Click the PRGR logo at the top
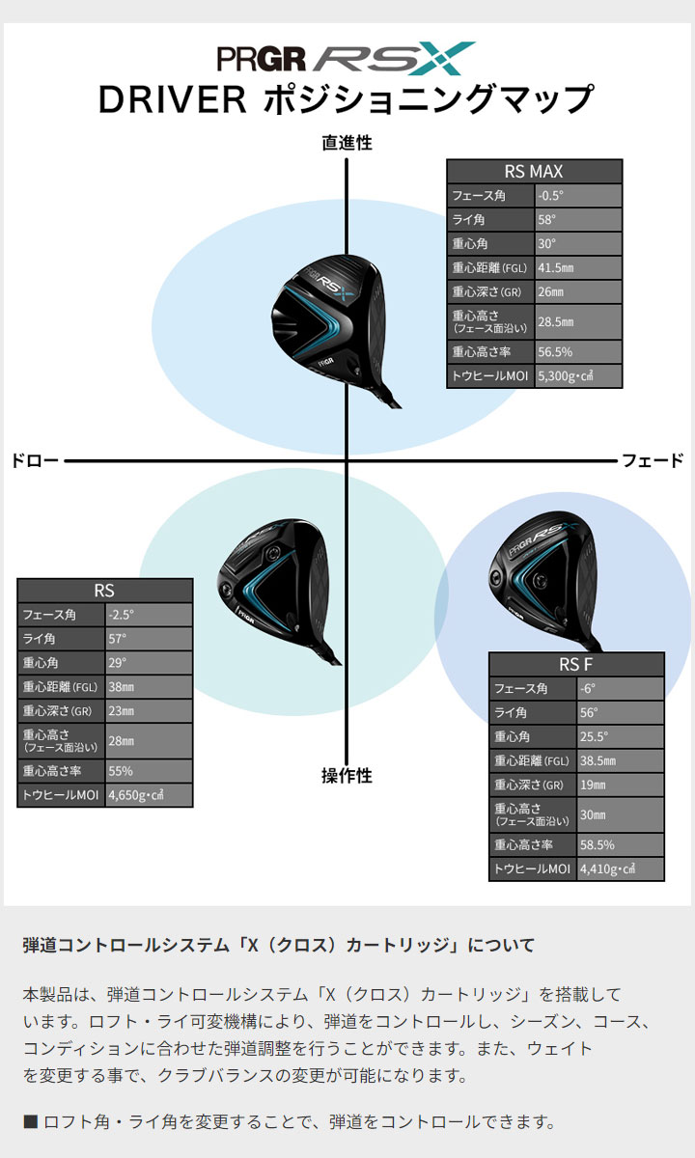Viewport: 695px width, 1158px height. point(262,59)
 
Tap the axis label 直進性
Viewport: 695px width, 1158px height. point(347,143)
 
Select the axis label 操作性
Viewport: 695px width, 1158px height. point(347,776)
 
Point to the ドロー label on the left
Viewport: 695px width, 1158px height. point(35,460)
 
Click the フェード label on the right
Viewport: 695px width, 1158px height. point(653,460)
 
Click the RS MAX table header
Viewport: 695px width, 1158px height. point(534,171)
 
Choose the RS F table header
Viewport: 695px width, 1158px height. point(576,664)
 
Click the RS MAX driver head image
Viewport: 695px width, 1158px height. point(336,331)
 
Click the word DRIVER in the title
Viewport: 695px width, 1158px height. point(172,99)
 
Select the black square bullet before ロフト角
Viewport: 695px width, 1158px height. point(31,1121)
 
